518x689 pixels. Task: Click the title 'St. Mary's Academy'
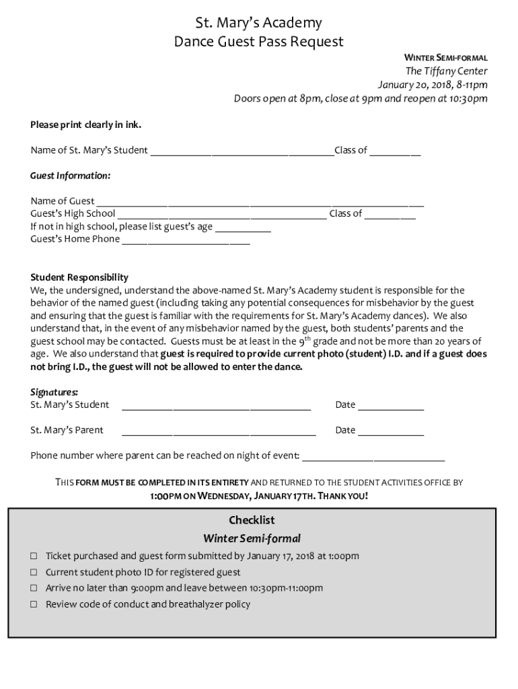coord(258,24)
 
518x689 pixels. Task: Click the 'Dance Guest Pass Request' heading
coord(258,42)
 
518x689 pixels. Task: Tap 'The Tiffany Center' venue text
coord(445,71)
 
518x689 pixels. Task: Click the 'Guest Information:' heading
coord(71,176)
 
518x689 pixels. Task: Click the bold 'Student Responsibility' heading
coord(79,277)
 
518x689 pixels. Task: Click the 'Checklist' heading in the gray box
coord(252,520)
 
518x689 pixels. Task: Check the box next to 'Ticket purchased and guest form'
coord(34,556)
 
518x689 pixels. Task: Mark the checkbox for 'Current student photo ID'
coord(34,573)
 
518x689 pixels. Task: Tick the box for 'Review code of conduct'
coord(34,605)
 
